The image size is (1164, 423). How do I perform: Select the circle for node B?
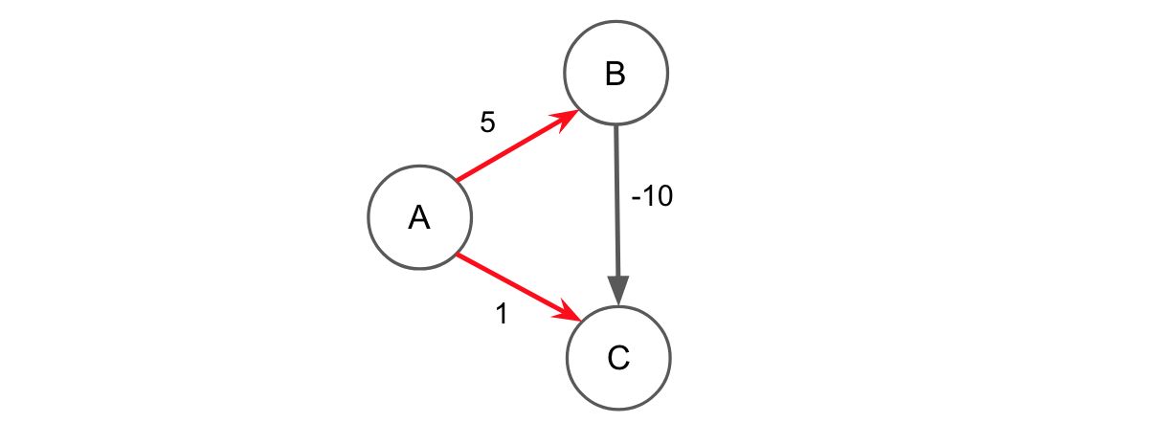(616, 73)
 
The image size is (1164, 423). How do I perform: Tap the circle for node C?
(618, 359)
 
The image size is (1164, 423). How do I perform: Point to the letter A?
(419, 218)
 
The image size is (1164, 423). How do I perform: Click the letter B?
(616, 74)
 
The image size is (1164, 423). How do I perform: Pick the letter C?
(618, 359)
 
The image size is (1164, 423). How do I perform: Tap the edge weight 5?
(487, 123)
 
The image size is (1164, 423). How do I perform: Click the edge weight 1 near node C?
(501, 314)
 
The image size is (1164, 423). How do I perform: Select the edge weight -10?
(652, 197)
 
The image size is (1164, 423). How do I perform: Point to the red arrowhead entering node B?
(565, 118)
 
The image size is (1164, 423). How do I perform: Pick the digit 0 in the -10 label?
(664, 197)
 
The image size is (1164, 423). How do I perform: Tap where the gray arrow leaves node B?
(616, 126)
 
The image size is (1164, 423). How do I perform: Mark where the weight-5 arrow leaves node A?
(459, 180)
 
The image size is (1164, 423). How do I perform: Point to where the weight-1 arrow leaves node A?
(459, 256)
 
